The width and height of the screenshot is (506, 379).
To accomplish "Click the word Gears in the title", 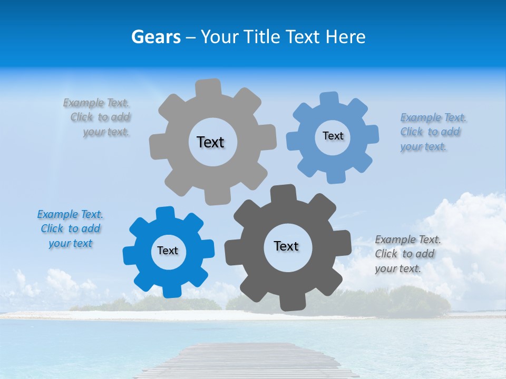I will click(155, 37).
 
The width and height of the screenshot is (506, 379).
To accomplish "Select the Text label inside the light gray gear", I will click(210, 142).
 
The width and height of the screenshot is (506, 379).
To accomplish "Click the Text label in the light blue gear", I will click(333, 136).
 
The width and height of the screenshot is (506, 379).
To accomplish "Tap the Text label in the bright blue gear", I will click(168, 251).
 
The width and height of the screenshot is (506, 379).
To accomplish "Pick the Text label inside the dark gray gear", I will click(286, 246).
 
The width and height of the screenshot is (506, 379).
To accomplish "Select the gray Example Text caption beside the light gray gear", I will click(98, 117).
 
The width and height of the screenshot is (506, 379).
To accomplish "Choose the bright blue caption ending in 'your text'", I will click(70, 229).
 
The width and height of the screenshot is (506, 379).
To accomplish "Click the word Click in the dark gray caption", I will click(386, 254).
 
